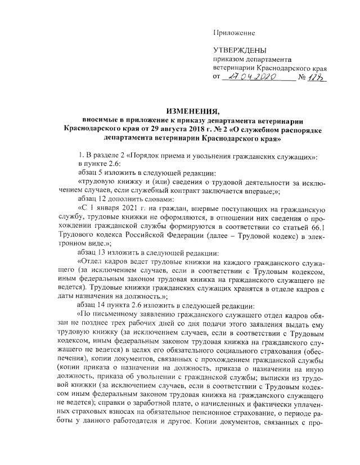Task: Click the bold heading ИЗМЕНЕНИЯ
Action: coord(181,111)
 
